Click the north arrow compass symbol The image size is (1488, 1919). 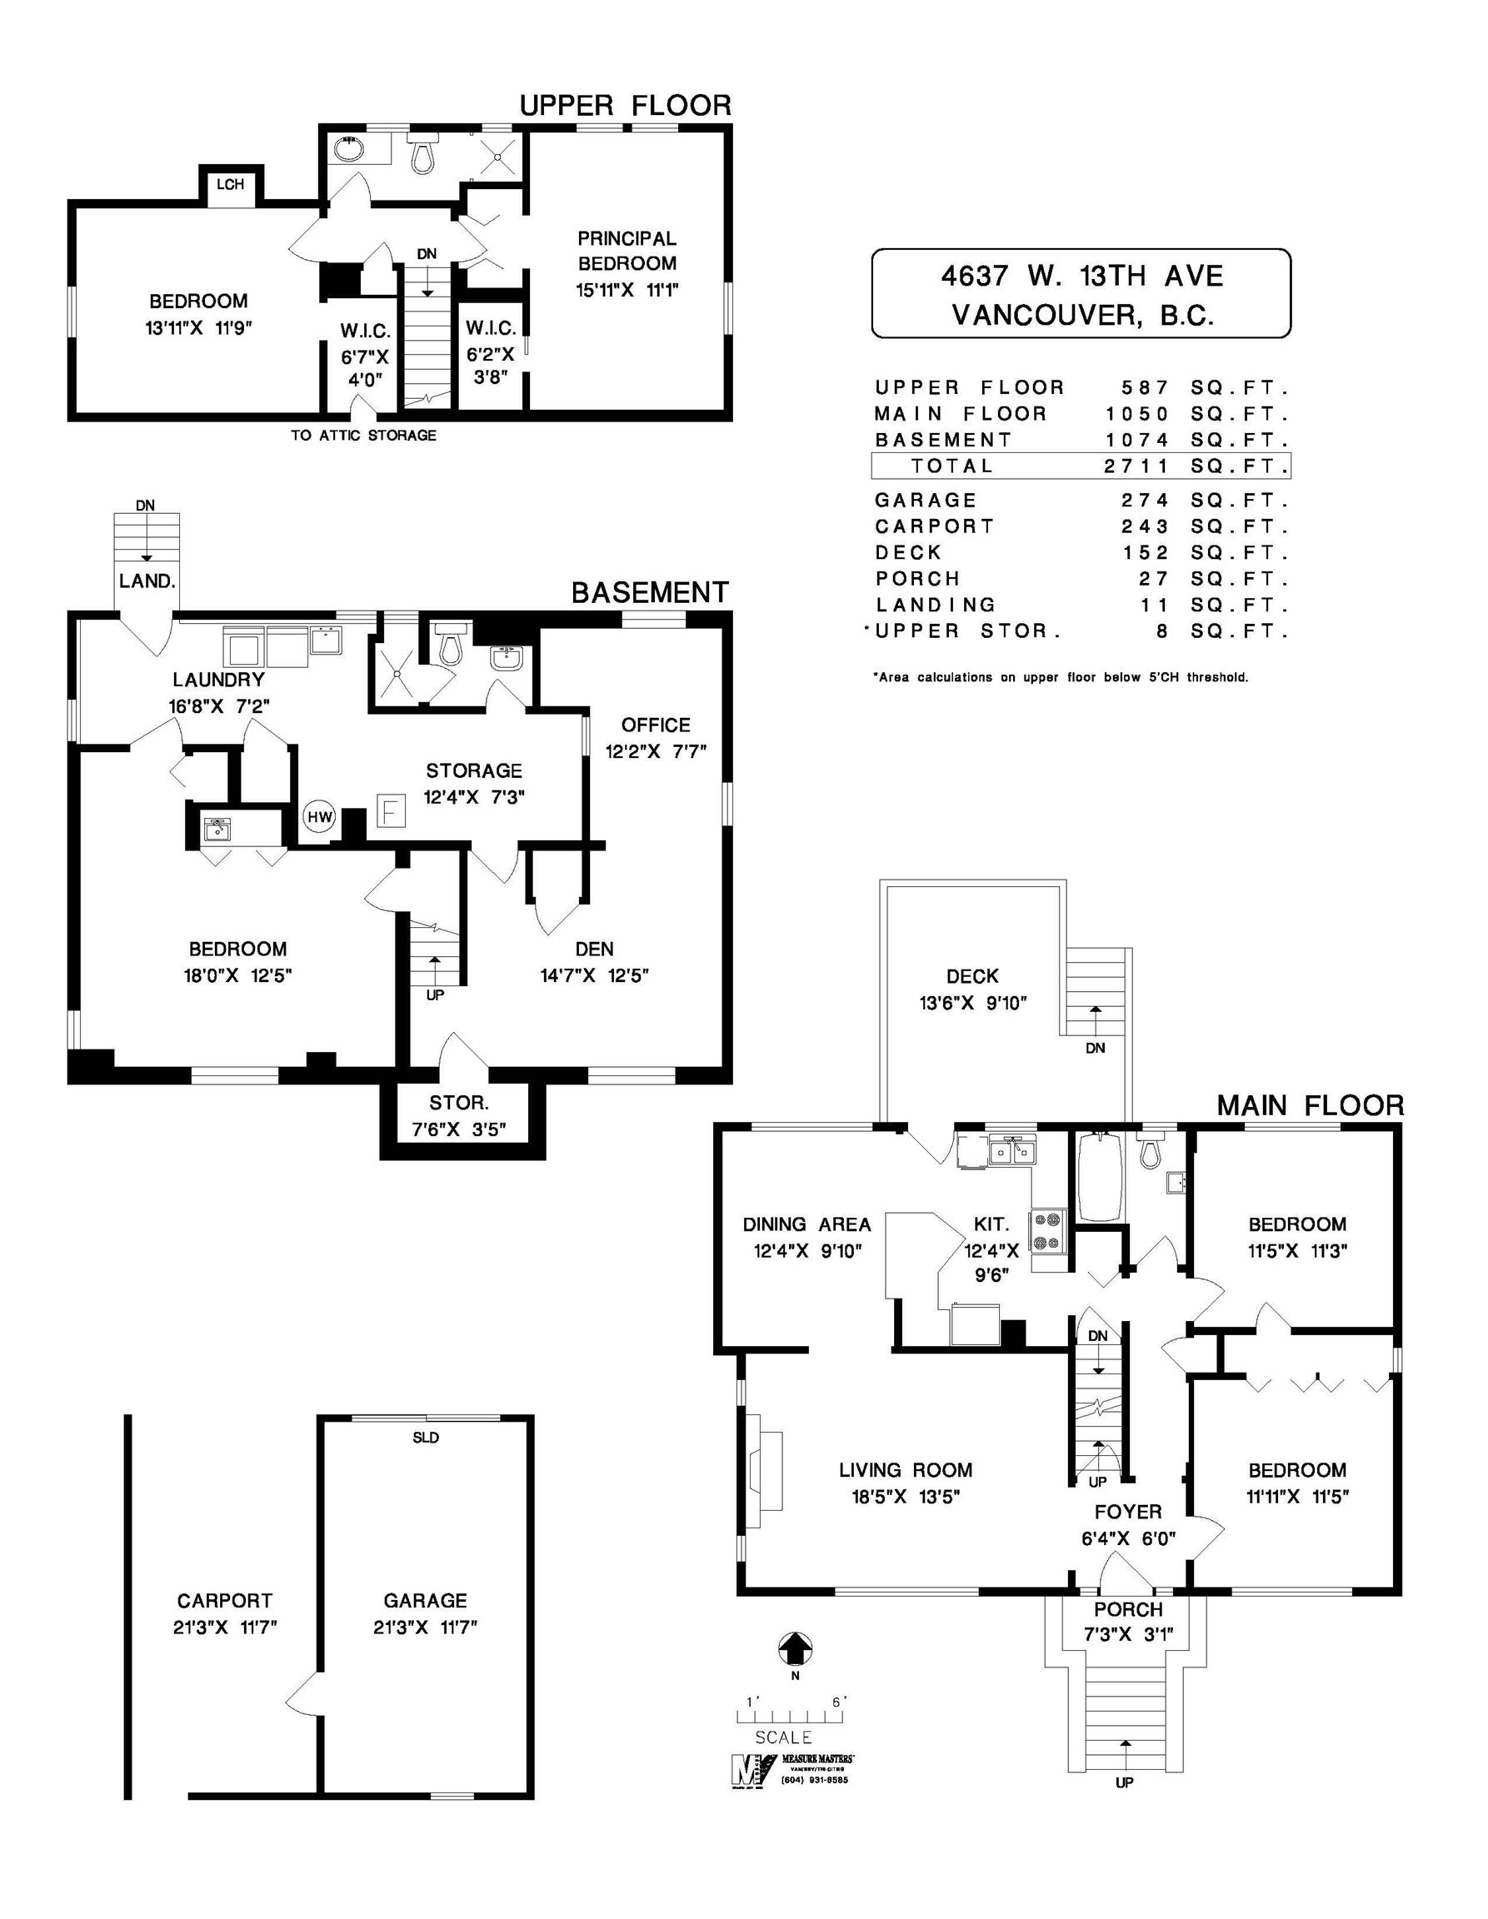point(795,1648)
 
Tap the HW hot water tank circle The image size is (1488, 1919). point(320,816)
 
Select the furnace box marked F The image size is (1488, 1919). point(391,810)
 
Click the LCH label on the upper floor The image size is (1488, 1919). point(230,185)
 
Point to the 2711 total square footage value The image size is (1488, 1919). point(1136,466)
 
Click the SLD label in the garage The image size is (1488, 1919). point(426,1438)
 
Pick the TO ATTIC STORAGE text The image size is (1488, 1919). point(363,435)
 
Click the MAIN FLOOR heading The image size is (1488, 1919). point(1310,1106)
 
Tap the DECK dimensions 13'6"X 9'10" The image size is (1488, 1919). point(973,1003)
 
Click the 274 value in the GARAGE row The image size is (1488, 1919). point(1146,501)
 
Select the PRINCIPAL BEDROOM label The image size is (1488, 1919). point(627,251)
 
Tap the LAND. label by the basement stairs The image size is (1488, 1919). point(147,581)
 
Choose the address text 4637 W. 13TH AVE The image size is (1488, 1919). point(1082,277)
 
